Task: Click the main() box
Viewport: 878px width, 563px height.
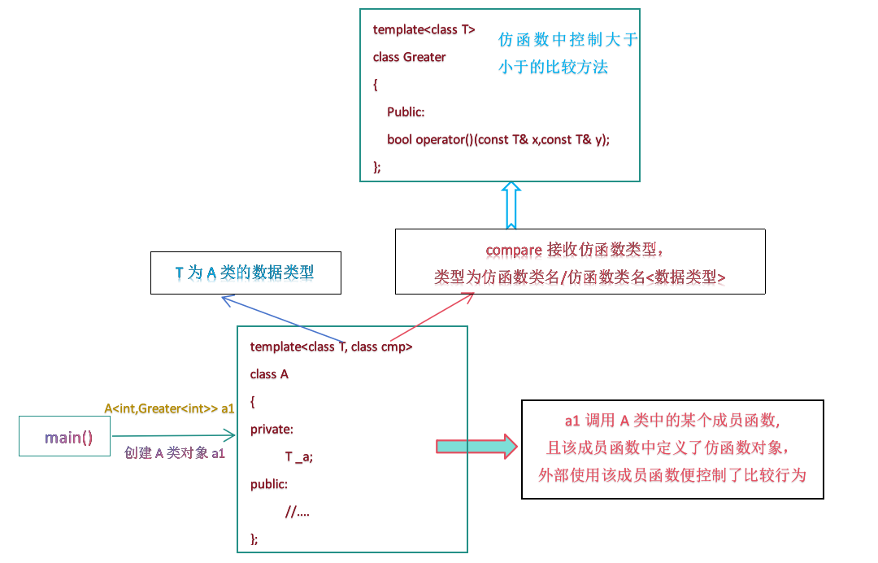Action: coord(69,437)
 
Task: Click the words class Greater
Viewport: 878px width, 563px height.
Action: coord(409,57)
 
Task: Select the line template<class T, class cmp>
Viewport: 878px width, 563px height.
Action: coord(331,347)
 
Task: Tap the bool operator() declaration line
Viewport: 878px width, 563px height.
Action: coord(498,139)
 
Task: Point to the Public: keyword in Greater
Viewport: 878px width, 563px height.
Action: coord(406,112)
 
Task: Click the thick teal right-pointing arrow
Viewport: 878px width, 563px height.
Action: coord(476,446)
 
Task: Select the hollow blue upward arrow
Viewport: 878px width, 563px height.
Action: coord(511,205)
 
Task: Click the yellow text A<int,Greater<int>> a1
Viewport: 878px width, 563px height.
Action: coord(169,408)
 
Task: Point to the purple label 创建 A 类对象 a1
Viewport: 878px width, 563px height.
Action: coord(174,453)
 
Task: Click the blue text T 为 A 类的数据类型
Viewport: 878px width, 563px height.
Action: coord(245,273)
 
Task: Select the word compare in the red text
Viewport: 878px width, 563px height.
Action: coord(514,250)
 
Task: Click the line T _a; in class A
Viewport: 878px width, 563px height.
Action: coord(298,457)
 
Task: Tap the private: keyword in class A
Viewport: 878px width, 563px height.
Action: coord(272,429)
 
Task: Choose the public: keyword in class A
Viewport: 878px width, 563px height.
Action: coord(269,484)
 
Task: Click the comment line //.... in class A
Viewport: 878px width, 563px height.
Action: coord(297,512)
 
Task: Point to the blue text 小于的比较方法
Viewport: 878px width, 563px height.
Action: coord(553,68)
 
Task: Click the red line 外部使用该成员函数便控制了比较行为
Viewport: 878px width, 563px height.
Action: coord(672,474)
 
